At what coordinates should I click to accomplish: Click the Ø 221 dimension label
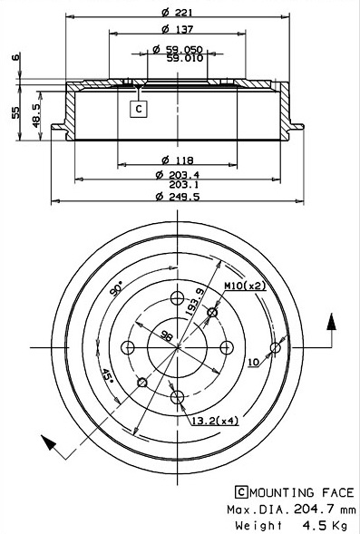click(177, 13)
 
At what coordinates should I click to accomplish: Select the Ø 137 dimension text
click(177, 29)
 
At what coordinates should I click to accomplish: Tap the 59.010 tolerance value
click(185, 58)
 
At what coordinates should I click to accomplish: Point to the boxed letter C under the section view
click(138, 109)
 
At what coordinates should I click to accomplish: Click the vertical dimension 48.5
click(36, 115)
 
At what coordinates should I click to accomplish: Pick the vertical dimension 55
click(15, 112)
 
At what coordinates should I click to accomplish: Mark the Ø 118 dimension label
click(177, 160)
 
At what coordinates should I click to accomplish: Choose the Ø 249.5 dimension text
click(178, 197)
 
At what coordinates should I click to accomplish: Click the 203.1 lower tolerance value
click(184, 185)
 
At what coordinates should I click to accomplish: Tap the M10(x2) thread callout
click(245, 286)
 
